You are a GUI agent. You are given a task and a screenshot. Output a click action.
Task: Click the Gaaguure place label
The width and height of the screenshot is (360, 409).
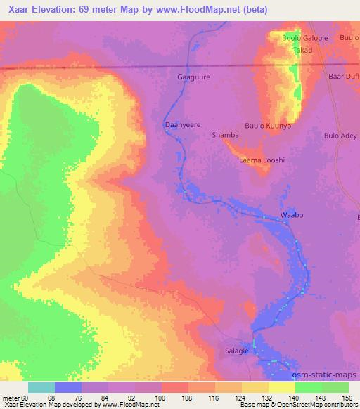tap(194, 77)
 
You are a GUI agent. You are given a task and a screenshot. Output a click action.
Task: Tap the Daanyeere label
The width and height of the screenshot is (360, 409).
tap(183, 124)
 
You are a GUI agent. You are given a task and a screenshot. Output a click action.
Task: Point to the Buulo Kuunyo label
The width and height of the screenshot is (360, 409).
tap(268, 124)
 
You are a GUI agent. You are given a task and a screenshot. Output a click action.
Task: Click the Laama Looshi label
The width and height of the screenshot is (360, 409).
tap(262, 160)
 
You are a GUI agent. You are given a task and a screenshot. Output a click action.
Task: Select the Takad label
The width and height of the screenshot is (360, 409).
tap(302, 51)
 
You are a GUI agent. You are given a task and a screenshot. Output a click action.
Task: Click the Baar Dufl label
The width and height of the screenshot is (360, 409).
tap(344, 77)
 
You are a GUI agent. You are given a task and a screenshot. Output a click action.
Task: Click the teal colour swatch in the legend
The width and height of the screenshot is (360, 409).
tap(41, 387)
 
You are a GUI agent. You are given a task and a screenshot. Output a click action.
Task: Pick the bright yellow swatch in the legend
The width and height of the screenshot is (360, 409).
tap(282, 387)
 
